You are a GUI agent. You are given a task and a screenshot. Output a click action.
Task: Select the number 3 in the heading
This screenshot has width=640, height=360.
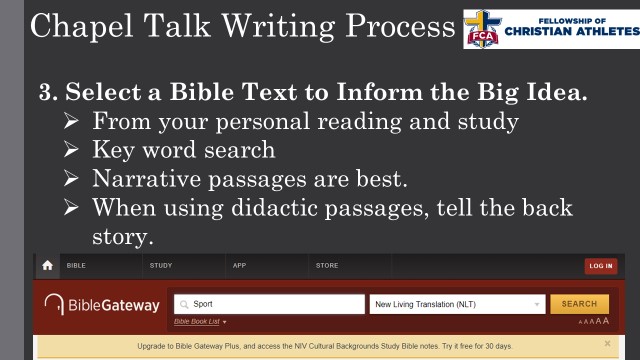click(x=46, y=93)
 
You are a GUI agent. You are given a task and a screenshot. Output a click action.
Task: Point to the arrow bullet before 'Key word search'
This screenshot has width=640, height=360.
click(x=69, y=151)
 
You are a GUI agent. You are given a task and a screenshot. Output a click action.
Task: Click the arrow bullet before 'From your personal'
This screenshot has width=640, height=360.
click(x=69, y=122)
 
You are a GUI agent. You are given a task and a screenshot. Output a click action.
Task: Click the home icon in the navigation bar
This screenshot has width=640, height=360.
click(x=47, y=266)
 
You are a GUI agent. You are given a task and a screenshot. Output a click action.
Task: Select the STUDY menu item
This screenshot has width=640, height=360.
click(x=160, y=266)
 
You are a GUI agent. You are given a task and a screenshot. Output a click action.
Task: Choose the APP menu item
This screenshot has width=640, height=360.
click(x=239, y=266)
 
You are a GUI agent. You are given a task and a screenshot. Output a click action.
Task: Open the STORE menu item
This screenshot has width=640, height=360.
click(x=327, y=266)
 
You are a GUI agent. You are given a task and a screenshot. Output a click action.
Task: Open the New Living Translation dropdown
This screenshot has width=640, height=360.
click(x=457, y=304)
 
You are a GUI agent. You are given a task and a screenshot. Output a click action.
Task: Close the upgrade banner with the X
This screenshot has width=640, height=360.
click(x=607, y=344)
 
